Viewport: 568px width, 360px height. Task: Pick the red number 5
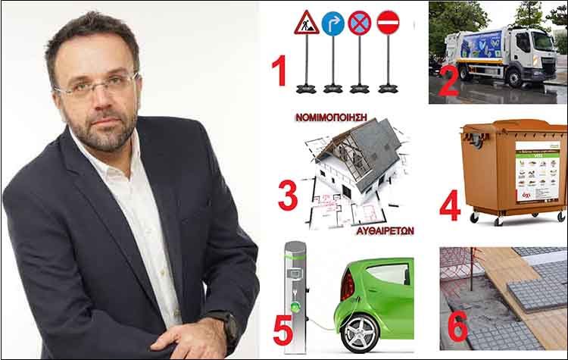click(282, 329)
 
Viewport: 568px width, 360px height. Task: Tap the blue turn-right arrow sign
click(332, 23)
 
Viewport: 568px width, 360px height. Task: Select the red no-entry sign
click(388, 22)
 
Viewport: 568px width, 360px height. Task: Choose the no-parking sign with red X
click(360, 23)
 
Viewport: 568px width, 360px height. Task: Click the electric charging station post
click(295, 296)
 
